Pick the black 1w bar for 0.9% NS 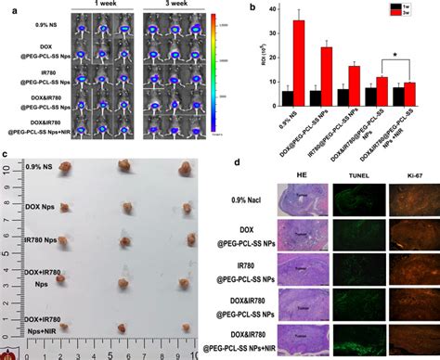[x=288, y=97]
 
